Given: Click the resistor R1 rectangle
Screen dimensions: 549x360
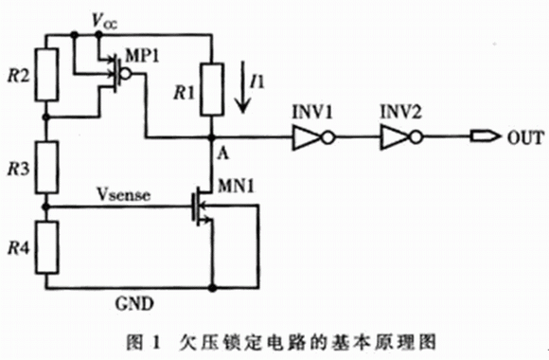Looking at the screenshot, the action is tap(212, 89).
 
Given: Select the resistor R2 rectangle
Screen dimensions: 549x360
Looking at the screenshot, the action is tap(47, 75).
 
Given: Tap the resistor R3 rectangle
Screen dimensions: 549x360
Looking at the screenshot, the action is tap(47, 167).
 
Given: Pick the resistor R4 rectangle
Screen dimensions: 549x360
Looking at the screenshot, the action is tap(47, 247).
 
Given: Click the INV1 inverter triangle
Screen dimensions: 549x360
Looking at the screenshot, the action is tap(307, 138).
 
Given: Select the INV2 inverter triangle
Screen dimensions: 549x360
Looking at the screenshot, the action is tap(396, 138).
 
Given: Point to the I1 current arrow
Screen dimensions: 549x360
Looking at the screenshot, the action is tap(242, 86).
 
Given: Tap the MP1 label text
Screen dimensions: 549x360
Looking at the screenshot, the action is tap(142, 55).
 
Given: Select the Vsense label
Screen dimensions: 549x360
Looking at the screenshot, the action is tap(124, 194).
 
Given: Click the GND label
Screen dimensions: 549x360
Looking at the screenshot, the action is tap(134, 303).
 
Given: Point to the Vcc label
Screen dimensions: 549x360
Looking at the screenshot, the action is tap(104, 21).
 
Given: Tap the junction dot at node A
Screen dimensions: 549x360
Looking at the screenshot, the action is tap(211, 137).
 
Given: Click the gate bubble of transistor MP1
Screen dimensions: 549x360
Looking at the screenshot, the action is tap(126, 74).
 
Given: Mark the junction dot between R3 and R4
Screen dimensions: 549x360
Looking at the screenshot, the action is tap(46, 207).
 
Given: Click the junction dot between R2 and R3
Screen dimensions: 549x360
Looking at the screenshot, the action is tap(46, 117).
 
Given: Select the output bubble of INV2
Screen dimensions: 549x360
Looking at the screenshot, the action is tap(416, 137).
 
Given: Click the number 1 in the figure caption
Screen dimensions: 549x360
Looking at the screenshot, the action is tap(155, 342).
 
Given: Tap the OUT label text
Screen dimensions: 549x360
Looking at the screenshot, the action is tap(526, 137).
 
